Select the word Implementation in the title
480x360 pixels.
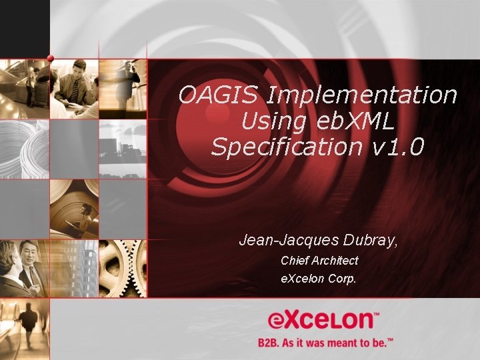tap(361, 95)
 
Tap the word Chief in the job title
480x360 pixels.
tap(295, 261)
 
